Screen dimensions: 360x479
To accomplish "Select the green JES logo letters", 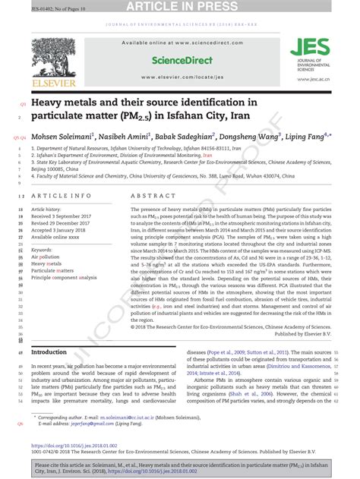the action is click(x=304, y=48).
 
